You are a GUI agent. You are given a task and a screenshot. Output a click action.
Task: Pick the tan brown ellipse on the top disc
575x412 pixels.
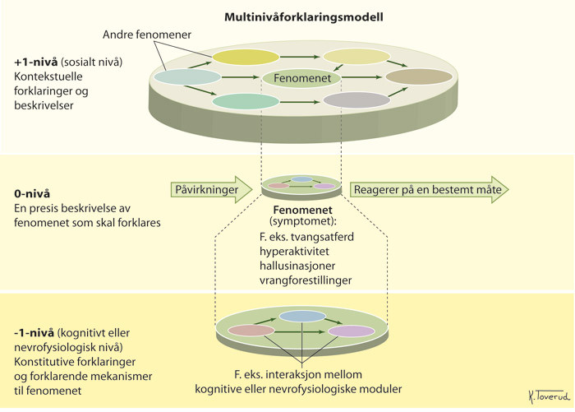[x=419, y=77]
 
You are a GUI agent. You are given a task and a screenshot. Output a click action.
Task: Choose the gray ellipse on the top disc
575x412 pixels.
[x=356, y=100]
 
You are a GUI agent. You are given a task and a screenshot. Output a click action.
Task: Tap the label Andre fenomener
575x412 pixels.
[x=148, y=35]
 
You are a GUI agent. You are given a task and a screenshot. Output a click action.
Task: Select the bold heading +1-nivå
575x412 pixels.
[x=36, y=62]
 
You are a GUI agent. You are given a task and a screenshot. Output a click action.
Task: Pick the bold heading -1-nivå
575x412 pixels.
[x=35, y=333]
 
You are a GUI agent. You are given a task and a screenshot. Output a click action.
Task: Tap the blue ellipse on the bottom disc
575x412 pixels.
[x=302, y=317]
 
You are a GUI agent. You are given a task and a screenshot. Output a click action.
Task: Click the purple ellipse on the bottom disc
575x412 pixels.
[x=351, y=331]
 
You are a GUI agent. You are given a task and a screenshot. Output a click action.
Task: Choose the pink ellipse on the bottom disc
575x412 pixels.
[x=251, y=331]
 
